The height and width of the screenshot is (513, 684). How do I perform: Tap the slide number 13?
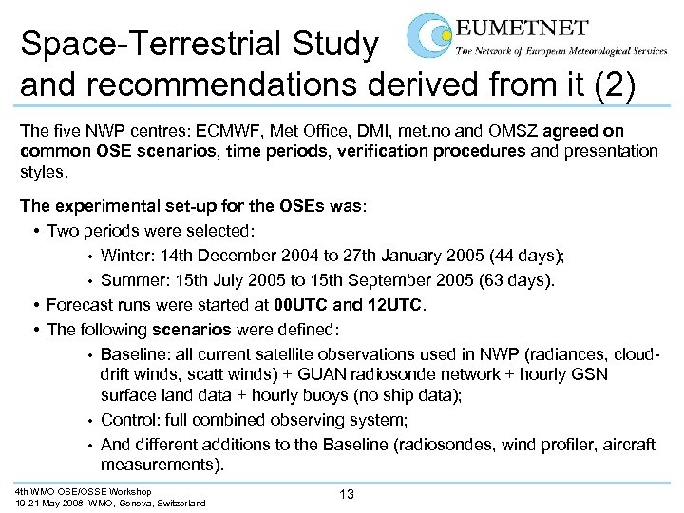347,493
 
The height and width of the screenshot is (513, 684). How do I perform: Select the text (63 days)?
514,280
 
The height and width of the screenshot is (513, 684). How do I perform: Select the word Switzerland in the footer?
177,503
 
